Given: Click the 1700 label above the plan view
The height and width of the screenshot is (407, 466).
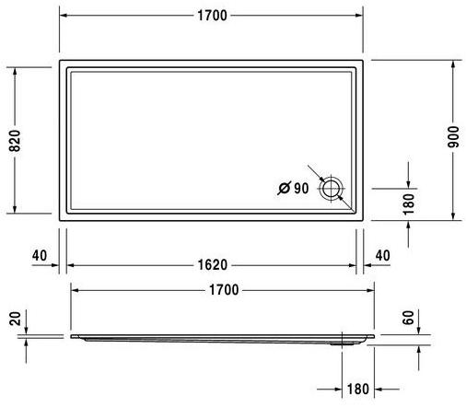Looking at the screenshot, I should pos(211,16).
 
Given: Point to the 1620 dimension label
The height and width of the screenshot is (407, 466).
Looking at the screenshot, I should pos(211,265).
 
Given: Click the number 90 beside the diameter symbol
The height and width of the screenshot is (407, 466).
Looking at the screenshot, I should pos(301,189).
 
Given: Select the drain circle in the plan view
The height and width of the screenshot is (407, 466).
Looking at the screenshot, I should pos(331,190).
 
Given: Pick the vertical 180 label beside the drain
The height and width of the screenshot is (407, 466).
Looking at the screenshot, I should pos(410,201).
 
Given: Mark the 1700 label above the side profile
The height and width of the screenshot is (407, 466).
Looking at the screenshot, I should pos(223,289).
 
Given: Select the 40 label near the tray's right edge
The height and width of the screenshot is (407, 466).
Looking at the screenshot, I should pos(382,254).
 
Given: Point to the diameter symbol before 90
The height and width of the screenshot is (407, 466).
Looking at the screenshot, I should pos(283,189).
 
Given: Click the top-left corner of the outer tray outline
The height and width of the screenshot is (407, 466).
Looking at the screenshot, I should pos(59,61).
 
